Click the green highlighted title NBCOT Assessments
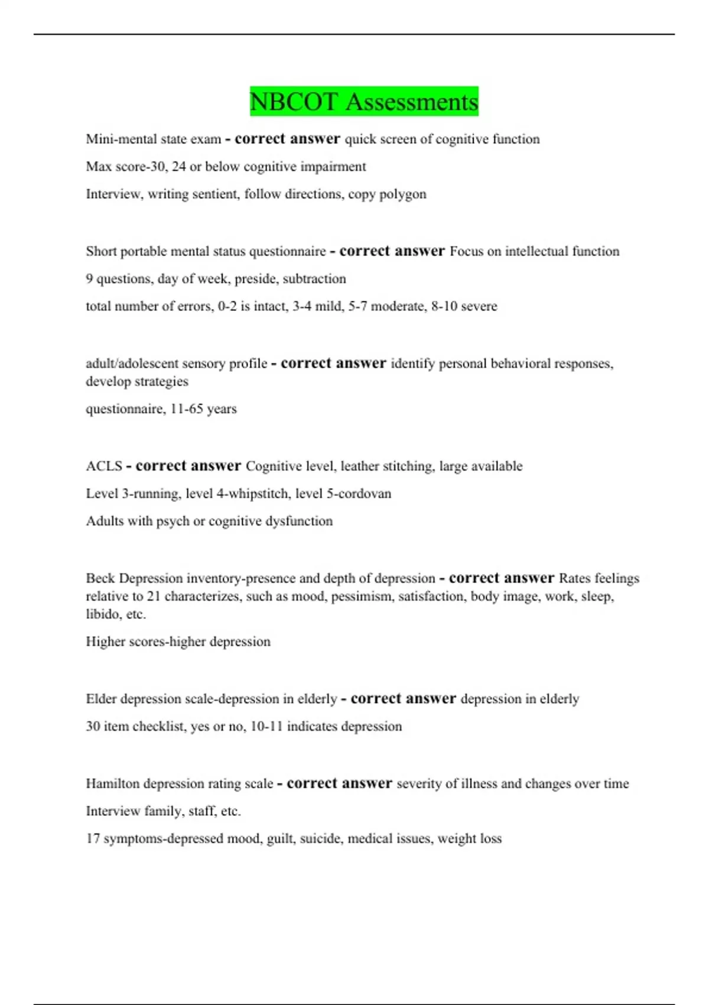363,101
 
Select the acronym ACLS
104,466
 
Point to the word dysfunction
303,521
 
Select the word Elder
101,699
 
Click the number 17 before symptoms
93,838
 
